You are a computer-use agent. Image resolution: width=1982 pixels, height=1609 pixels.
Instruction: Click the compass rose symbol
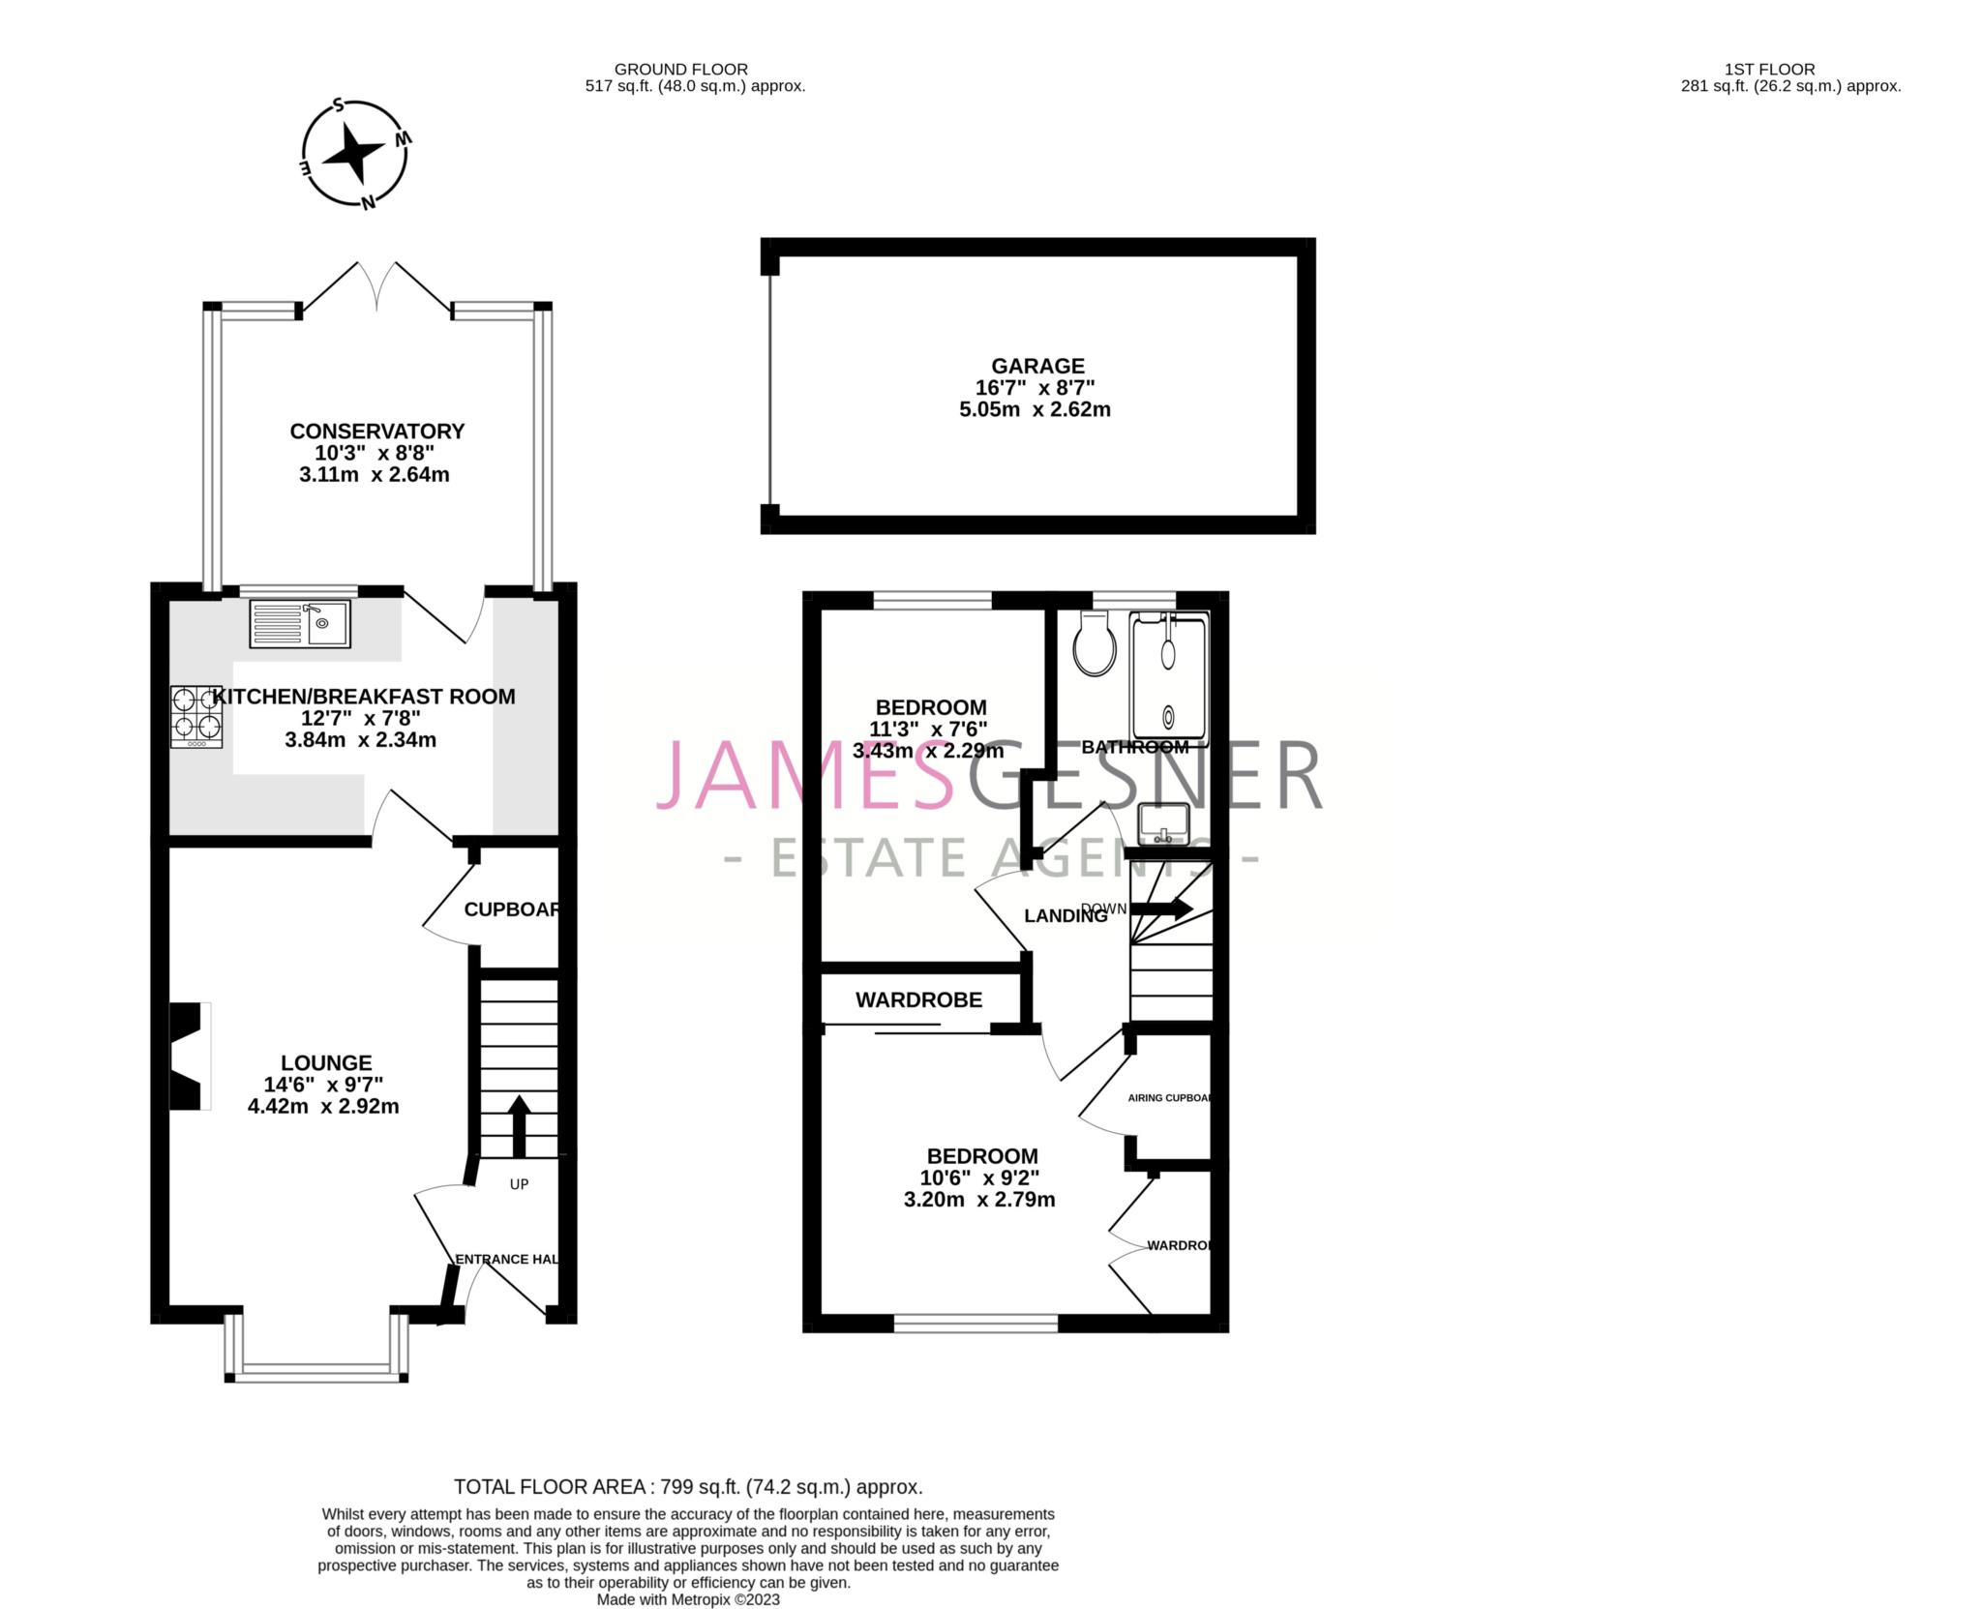355,155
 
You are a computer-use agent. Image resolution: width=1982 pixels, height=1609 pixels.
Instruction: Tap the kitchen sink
300,623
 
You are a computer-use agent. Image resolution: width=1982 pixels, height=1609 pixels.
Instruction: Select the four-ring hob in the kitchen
196,716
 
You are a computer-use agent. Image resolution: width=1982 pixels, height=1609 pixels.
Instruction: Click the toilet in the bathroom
1094,645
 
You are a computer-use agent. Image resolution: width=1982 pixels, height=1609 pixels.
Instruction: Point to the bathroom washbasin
1162,823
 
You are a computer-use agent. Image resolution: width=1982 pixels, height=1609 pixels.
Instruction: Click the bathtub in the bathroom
1169,681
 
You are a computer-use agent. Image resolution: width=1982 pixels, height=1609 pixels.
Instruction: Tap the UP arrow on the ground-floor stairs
519,1124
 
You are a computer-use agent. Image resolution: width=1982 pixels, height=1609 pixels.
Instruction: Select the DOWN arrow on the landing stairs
1161,909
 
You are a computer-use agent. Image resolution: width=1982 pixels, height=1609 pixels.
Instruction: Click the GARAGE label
1037,366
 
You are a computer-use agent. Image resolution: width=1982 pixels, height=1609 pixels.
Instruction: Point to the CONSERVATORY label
377,431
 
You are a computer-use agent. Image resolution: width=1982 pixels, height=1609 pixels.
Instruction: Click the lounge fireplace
191,1056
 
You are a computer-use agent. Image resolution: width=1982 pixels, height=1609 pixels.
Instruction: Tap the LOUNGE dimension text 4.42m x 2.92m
323,1106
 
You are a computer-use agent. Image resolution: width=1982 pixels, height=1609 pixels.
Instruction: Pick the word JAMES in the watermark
803,776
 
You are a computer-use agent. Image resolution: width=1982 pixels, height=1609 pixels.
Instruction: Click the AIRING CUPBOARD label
1170,1098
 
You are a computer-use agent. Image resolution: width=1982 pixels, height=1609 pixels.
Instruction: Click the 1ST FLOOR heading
1769,70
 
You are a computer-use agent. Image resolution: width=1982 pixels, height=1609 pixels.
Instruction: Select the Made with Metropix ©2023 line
688,1599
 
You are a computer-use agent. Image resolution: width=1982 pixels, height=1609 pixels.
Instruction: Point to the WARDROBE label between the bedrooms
918,999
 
